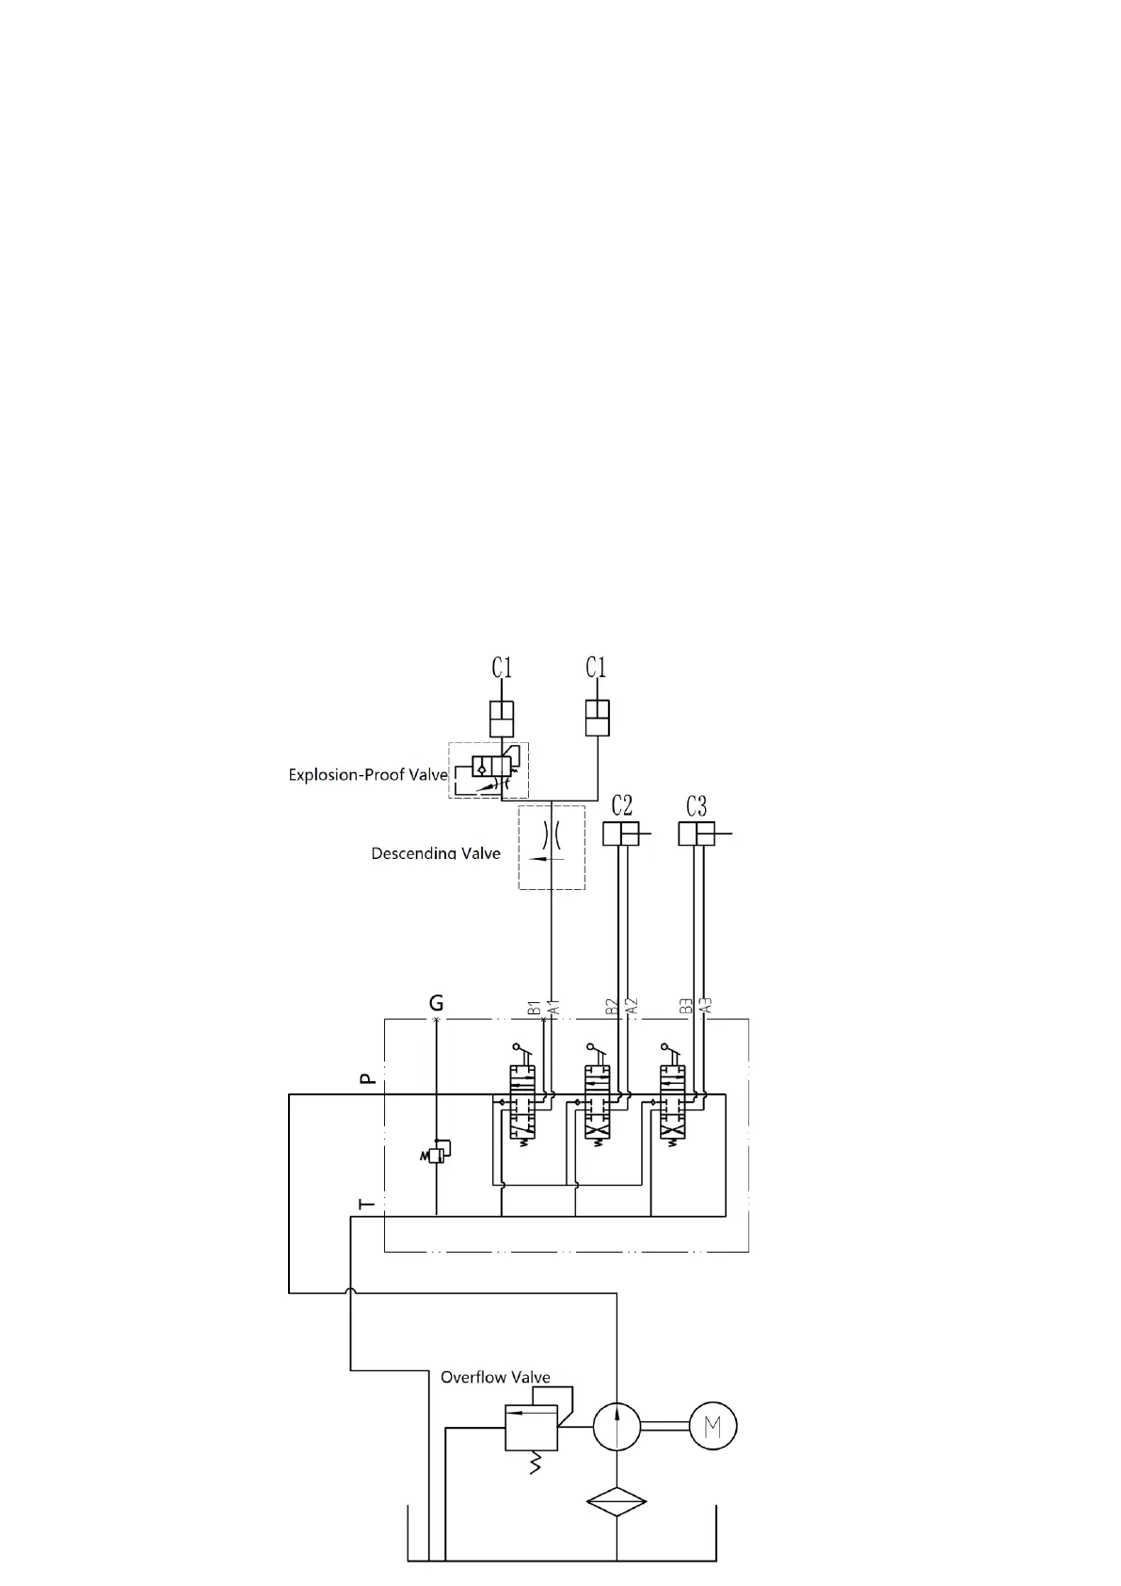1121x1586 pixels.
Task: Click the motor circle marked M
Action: click(x=713, y=1427)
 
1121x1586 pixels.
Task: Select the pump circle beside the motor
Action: click(x=617, y=1426)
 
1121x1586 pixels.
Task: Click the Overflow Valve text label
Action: click(x=495, y=1377)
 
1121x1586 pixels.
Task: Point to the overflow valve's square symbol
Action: click(x=531, y=1427)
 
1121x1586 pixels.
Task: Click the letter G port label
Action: click(x=436, y=1002)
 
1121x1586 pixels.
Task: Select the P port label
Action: click(x=369, y=1077)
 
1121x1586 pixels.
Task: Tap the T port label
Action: click(x=368, y=1203)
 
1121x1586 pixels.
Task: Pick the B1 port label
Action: click(x=534, y=1008)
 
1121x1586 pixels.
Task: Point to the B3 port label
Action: click(x=687, y=1007)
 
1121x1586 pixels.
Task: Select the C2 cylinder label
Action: click(x=621, y=806)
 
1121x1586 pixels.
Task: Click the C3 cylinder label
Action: click(x=697, y=806)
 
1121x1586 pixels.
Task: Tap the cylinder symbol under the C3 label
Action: click(x=697, y=833)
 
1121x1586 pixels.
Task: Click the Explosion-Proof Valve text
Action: click(x=367, y=775)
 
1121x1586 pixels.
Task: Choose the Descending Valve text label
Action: click(x=436, y=853)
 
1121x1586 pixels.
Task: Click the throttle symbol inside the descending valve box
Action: click(x=552, y=834)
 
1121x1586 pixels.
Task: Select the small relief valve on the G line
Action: click(x=436, y=1153)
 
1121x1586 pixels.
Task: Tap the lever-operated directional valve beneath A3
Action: click(x=672, y=1102)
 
